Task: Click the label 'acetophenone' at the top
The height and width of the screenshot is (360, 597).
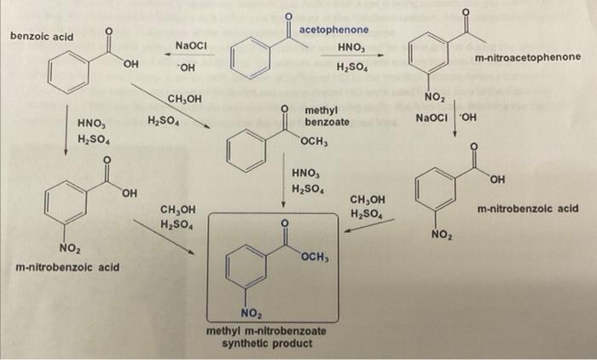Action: coord(339,30)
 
